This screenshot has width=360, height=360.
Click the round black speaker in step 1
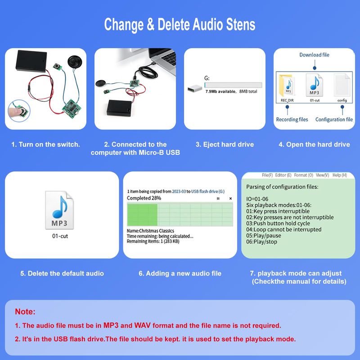tap(75, 62)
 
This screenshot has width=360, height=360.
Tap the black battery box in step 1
tap(31, 61)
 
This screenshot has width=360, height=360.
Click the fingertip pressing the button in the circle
tap(15, 111)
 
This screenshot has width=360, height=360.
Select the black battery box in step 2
tap(120, 108)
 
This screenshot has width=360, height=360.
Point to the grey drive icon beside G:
tap(195, 88)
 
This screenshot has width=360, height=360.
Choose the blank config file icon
tap(342, 85)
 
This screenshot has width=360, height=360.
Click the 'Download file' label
tap(314, 55)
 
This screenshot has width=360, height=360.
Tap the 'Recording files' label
tap(292, 119)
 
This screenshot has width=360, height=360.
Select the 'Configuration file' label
tap(334, 119)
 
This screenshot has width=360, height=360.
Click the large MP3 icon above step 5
tap(59, 210)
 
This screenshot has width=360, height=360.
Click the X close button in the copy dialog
tap(230, 198)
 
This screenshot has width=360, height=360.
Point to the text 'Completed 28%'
tap(144, 198)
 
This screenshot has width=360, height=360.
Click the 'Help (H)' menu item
tap(340, 175)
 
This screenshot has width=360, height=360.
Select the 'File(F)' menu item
tap(267, 175)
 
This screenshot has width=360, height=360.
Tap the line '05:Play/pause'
tap(264, 235)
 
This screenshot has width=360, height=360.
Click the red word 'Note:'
tap(25, 311)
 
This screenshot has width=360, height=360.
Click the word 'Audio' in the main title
tap(208, 24)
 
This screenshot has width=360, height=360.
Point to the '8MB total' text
tap(248, 91)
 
